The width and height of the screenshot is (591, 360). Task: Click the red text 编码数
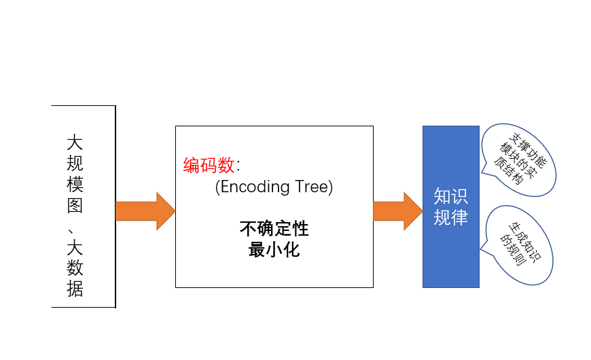pyautogui.click(x=209, y=165)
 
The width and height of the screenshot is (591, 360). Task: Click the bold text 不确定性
pyautogui.click(x=274, y=228)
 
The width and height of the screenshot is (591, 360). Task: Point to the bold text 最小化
pyautogui.click(x=274, y=249)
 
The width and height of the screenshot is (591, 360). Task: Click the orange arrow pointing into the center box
pyautogui.click(x=145, y=211)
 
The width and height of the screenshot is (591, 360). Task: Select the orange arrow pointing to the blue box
pyautogui.click(x=398, y=211)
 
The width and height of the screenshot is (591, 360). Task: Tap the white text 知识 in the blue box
pyautogui.click(x=451, y=196)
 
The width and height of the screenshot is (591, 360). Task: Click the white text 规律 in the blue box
pyautogui.click(x=451, y=217)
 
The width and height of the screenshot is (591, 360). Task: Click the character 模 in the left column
pyautogui.click(x=75, y=184)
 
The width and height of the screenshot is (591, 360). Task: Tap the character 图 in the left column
pyautogui.click(x=75, y=205)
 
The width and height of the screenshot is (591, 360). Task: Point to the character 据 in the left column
pyautogui.click(x=75, y=289)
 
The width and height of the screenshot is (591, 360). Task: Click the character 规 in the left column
pyautogui.click(x=75, y=164)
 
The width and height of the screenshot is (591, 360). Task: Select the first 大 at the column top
pyautogui.click(x=75, y=143)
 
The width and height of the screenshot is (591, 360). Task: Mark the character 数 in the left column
pyautogui.click(x=75, y=268)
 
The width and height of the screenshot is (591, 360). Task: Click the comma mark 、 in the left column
pyautogui.click(x=71, y=231)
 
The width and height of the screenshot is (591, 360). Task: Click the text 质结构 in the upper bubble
pyautogui.click(x=508, y=170)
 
